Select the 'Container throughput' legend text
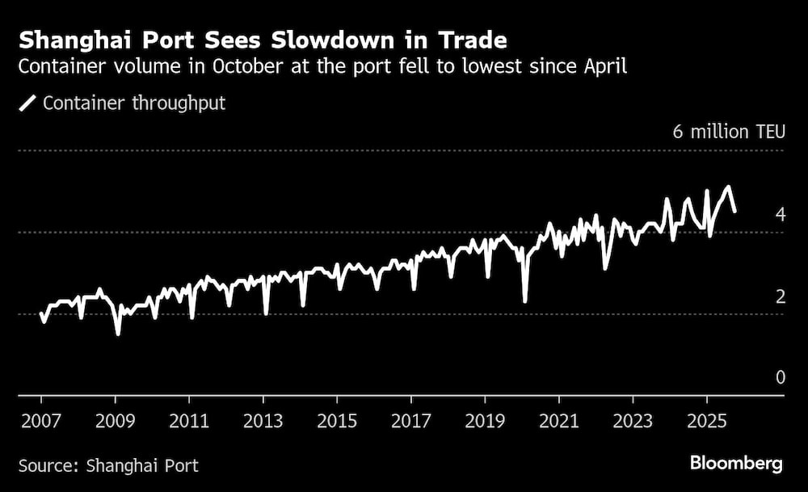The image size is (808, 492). click(134, 103)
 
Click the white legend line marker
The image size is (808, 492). click(28, 103)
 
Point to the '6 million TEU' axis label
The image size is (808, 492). click(728, 132)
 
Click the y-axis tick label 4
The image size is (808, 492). click(780, 214)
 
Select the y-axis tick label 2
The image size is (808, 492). click(780, 296)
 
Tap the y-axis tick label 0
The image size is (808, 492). click(780, 377)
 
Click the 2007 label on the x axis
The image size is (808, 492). click(40, 422)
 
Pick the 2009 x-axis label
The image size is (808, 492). click(115, 422)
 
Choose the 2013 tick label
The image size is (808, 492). click(263, 422)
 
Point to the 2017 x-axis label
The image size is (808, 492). click(411, 422)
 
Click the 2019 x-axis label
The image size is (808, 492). click(485, 422)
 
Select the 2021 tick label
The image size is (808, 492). click(559, 422)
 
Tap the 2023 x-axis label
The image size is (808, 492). click(633, 422)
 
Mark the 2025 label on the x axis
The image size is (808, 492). click(707, 422)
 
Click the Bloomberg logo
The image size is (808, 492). click(735, 464)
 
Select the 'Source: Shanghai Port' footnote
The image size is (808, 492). click(108, 465)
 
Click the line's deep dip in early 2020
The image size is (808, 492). click(525, 301)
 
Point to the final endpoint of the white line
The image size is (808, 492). click(734, 211)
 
